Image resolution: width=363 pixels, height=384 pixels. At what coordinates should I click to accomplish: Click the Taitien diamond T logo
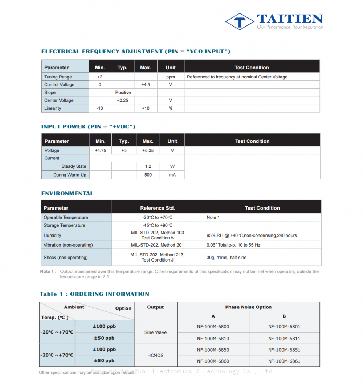pos(239,21)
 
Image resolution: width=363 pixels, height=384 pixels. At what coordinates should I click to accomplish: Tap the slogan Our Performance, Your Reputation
pos(290,27)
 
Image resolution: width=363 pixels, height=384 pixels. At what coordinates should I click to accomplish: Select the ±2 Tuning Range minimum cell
pos(100,77)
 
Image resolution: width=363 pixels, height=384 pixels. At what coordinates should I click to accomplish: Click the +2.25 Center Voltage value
pos(122,101)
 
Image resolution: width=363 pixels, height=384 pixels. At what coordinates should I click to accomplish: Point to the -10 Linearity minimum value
pos(100,108)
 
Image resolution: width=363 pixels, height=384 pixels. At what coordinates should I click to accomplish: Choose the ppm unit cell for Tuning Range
pos(171,77)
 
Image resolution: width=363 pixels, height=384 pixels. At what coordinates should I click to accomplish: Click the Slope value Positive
pos(123,93)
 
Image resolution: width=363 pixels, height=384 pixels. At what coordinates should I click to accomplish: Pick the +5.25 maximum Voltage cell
pos(148,150)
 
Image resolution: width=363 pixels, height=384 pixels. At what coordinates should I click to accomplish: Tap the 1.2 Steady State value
pos(148,166)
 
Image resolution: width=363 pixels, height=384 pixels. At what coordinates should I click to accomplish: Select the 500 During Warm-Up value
pos(148,175)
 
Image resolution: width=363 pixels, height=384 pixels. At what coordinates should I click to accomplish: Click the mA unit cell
pos(172,175)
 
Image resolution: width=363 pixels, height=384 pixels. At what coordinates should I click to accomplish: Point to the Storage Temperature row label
pos(65,225)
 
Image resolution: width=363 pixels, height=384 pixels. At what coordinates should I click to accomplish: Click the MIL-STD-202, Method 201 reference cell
pos(158,245)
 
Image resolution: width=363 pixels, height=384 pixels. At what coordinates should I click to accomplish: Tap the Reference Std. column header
pos(158,208)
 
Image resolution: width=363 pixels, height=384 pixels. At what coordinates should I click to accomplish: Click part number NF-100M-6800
pos(213,327)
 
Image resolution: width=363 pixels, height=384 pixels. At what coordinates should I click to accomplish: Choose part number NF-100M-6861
pos(284,361)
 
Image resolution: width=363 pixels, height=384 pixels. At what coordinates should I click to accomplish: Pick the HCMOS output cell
pos(155,355)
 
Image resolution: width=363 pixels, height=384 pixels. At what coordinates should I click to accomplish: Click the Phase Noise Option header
pos(248,307)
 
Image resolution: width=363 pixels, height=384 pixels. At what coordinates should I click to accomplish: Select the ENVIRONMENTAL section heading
pos(68,193)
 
